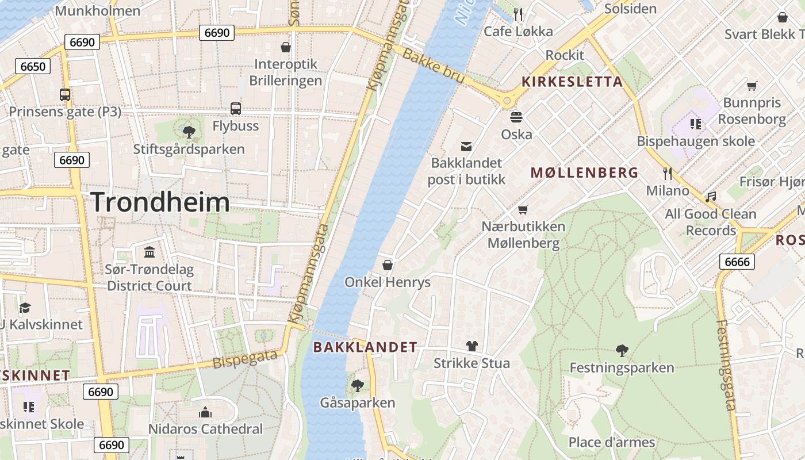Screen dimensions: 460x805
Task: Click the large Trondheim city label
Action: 160,202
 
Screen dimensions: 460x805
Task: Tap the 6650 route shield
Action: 33,66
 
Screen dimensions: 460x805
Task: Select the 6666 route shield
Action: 737,262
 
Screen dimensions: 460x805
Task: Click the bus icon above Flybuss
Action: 235,108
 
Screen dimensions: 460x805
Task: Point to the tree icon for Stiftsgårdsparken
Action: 188,132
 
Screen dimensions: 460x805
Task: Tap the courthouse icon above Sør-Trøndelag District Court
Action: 149,252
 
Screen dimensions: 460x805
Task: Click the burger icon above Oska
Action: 516,117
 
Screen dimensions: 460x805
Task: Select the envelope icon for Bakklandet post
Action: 466,147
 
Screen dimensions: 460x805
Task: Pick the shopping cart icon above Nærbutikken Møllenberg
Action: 523,209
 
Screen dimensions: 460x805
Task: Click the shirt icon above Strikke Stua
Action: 471,346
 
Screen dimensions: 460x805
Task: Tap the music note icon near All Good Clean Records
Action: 711,197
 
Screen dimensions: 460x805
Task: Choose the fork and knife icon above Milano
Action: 667,173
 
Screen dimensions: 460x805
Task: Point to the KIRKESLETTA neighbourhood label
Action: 572,82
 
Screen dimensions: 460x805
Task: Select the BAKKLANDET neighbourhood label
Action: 365,347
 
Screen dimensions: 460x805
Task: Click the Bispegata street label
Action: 245,359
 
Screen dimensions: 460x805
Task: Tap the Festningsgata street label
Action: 726,365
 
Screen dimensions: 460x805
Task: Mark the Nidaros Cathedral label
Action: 205,429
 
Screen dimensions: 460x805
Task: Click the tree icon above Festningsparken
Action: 622,350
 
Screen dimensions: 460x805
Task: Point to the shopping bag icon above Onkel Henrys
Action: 388,265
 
